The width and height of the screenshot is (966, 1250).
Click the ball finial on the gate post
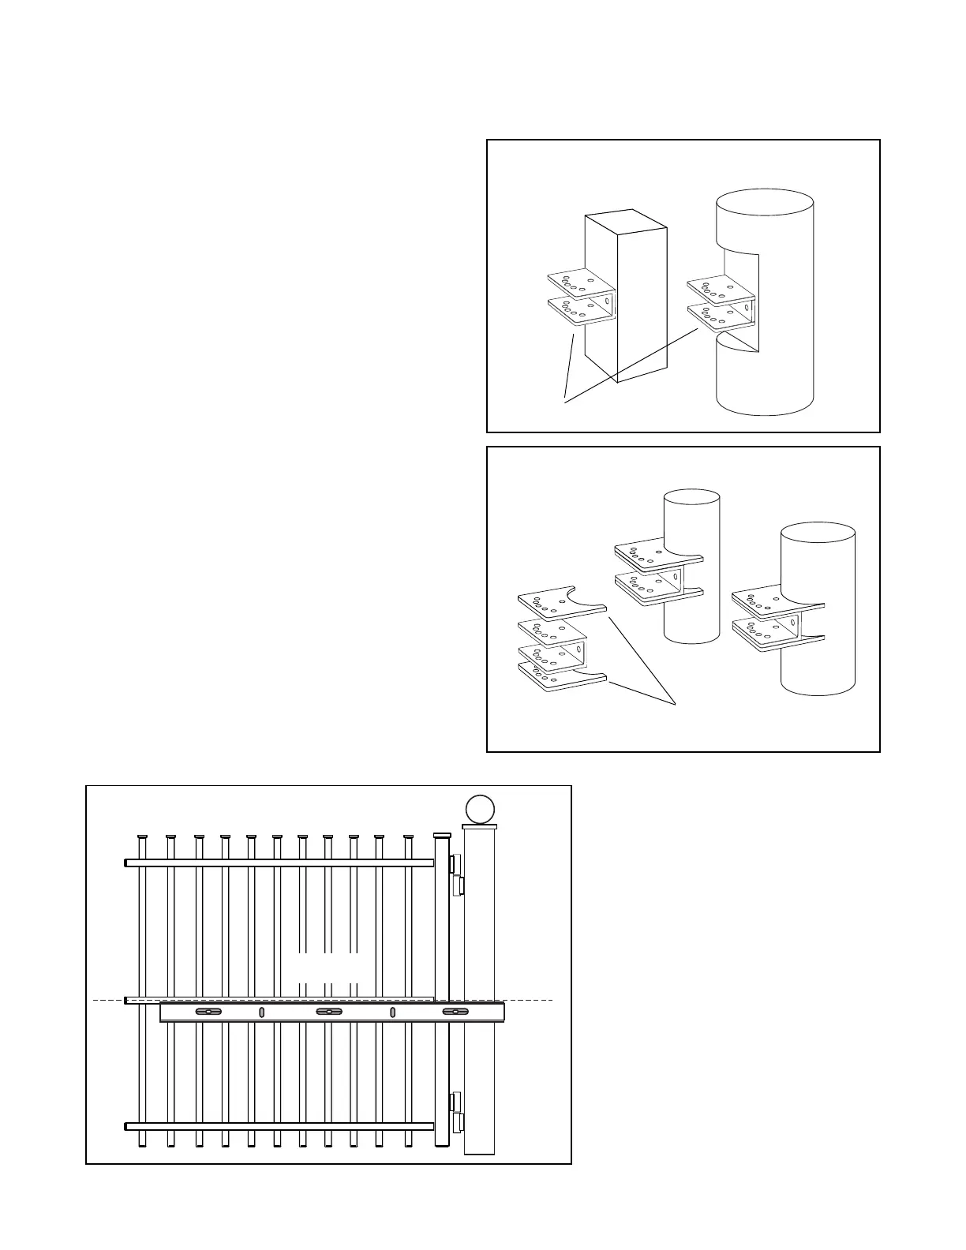[x=479, y=810]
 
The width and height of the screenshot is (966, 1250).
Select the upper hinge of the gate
[x=455, y=874]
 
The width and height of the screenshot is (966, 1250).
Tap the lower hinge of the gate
[x=455, y=1112]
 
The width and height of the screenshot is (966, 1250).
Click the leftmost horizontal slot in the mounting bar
[x=208, y=1012]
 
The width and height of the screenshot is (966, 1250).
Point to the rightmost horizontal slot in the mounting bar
[x=455, y=1012]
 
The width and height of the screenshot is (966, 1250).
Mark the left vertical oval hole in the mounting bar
[x=261, y=1012]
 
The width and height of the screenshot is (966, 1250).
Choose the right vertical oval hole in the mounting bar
[x=392, y=1012]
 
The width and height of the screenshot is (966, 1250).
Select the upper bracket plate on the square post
[x=579, y=283]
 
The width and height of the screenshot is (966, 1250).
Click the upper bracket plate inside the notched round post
[x=720, y=288]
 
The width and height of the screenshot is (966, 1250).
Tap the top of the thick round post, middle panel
[x=818, y=534]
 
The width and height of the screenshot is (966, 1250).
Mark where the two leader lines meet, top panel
[x=564, y=402]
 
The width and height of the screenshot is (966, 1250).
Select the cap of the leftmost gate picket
[x=143, y=836]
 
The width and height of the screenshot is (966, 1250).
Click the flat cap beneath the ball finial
[x=479, y=827]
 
